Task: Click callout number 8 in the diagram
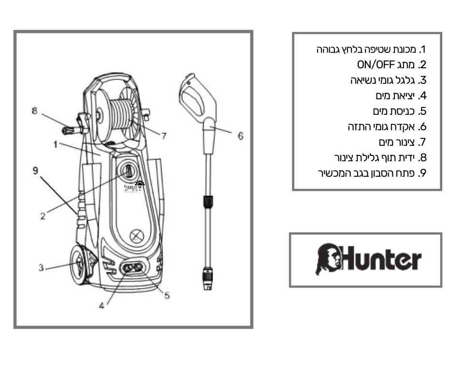click(34, 111)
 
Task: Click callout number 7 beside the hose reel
click(164, 136)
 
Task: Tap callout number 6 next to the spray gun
click(241, 136)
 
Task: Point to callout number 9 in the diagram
click(35, 170)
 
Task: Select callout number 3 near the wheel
click(42, 267)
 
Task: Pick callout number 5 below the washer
click(167, 295)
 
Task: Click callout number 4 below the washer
click(102, 307)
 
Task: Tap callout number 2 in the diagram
click(43, 216)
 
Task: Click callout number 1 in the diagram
click(56, 144)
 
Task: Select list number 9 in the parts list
click(422, 173)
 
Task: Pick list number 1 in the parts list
click(423, 49)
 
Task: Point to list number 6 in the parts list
click(422, 127)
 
